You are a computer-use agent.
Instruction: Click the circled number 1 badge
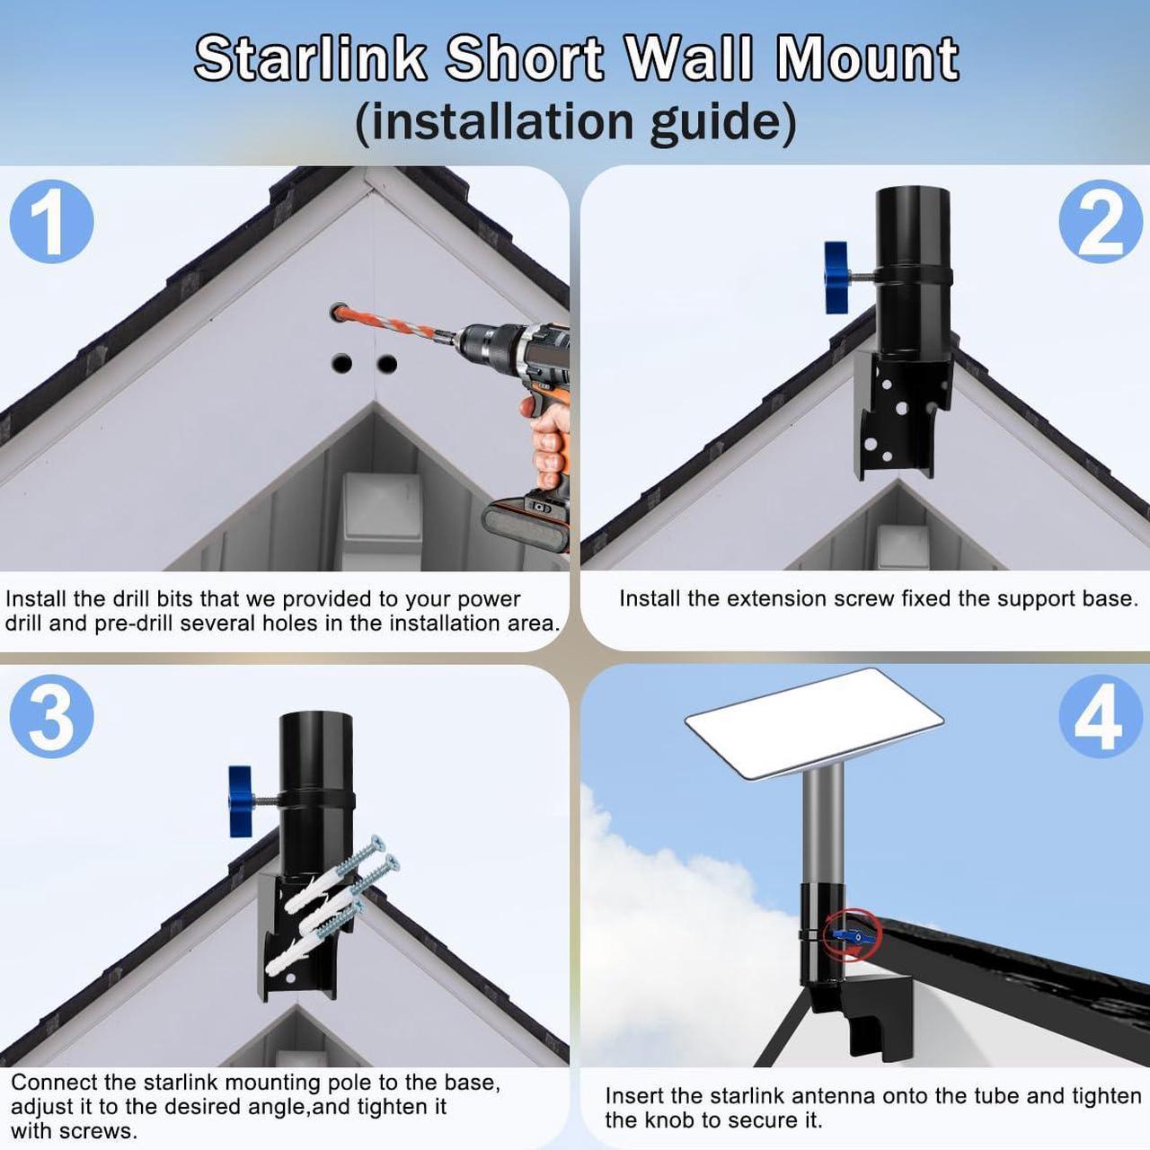coord(52,221)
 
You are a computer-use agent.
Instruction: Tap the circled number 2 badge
coord(1101,221)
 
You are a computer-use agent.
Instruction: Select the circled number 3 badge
coord(52,717)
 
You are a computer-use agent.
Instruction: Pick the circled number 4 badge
coord(1101,717)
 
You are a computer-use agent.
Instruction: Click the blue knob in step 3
coord(240,801)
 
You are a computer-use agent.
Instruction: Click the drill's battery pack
coord(526,526)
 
